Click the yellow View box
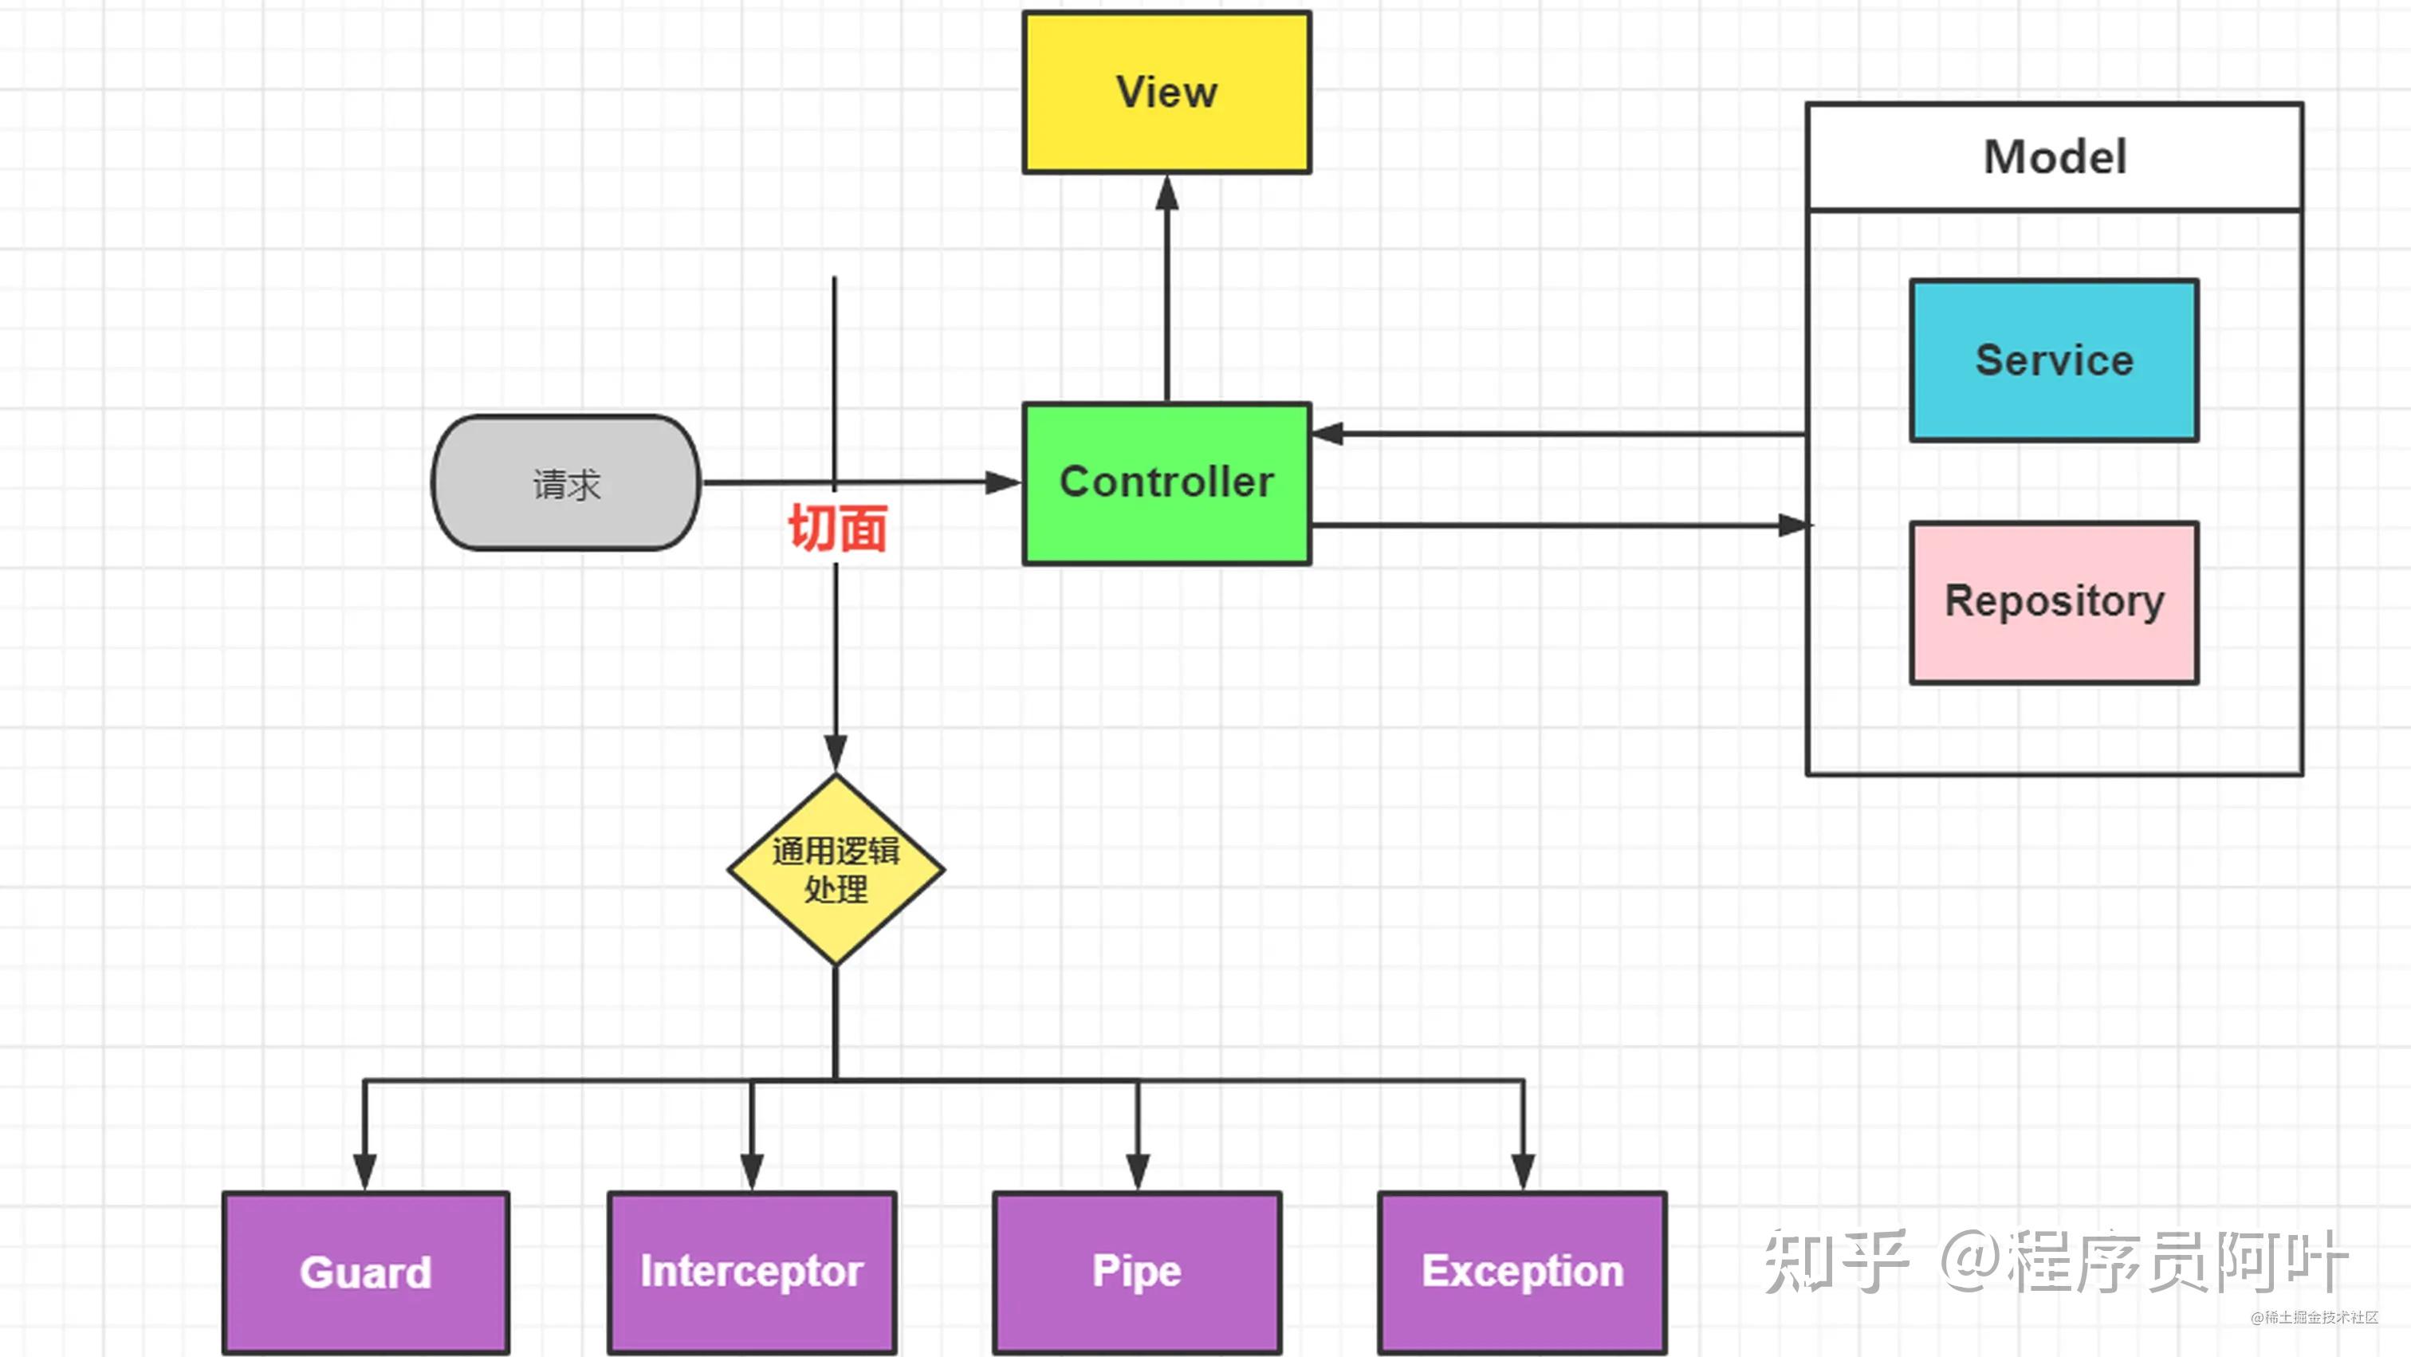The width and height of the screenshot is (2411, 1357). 1166,92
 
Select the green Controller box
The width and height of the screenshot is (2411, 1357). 1166,483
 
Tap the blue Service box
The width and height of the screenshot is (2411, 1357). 2054,360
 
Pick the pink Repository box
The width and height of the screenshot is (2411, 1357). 2054,602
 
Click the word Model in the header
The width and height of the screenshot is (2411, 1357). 2055,157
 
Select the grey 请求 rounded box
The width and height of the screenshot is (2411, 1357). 566,483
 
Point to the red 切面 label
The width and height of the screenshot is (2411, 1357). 836,529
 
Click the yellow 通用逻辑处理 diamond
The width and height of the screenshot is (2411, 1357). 836,869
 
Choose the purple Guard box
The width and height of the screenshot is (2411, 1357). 366,1272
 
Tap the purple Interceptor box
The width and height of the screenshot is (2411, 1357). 752,1272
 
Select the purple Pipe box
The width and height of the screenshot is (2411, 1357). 1137,1272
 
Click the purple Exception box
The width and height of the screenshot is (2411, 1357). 1522,1272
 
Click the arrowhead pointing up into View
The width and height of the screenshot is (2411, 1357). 1166,193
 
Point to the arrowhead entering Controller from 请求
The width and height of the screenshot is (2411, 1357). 1003,483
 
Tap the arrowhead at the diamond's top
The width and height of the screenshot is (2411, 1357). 836,752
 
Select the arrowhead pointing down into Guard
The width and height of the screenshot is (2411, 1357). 365,1170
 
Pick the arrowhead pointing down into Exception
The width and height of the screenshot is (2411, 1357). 1523,1170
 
